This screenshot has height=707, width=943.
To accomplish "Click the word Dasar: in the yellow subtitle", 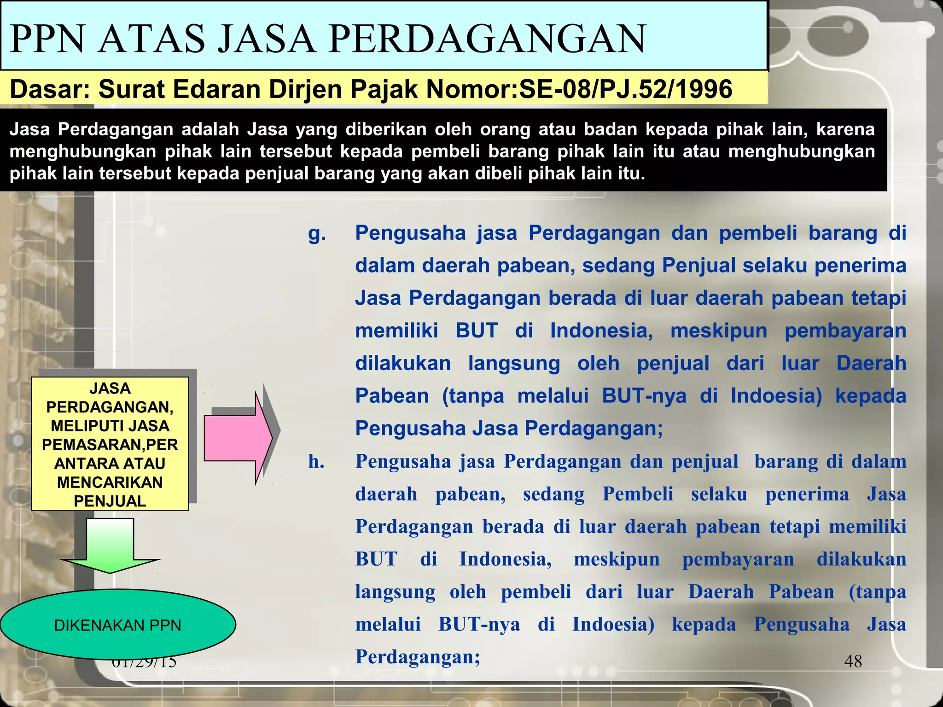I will tap(50, 89).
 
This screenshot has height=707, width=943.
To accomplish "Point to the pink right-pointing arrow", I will tap(238, 438).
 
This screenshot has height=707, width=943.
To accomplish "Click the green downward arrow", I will tap(110, 546).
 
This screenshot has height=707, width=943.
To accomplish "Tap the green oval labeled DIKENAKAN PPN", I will tap(117, 625).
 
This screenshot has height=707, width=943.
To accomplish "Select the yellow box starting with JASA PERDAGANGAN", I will tap(110, 444).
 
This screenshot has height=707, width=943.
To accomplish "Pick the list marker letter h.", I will tap(316, 461).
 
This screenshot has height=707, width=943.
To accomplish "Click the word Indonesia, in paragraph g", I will tap(601, 331).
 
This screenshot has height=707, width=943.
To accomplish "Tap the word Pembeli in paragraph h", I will tap(638, 494).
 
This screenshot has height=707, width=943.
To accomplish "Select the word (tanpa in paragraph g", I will tap(473, 396).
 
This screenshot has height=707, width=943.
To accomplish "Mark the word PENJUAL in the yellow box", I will tap(110, 501).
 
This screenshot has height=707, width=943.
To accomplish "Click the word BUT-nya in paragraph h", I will tap(479, 625).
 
